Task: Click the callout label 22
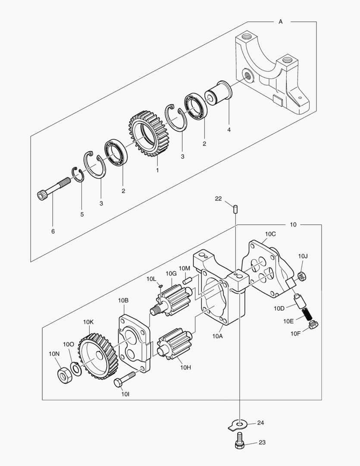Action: tap(218, 198)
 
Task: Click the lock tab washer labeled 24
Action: tap(236, 425)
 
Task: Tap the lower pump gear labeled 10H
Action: tap(173, 343)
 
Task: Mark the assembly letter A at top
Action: tap(281, 22)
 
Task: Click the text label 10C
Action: tap(270, 234)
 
